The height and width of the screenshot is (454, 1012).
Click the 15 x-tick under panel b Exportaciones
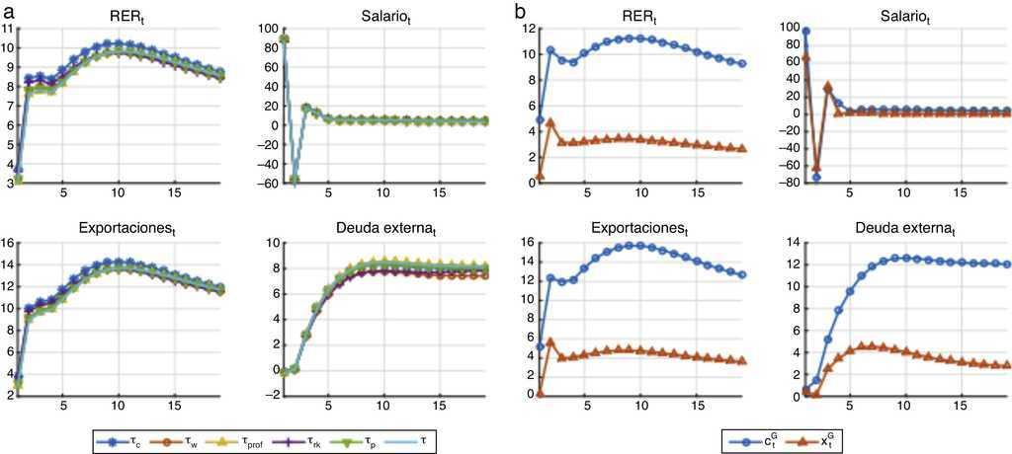(698, 405)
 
